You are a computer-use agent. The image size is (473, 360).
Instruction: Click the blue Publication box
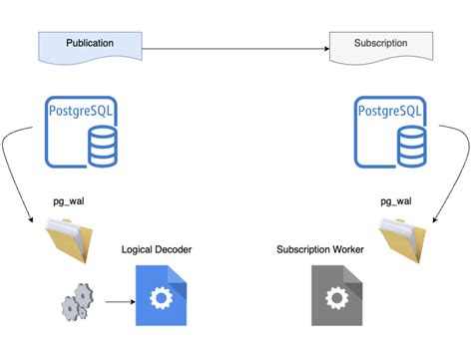tap(89, 44)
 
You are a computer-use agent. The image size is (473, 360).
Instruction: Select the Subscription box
tap(380, 44)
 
